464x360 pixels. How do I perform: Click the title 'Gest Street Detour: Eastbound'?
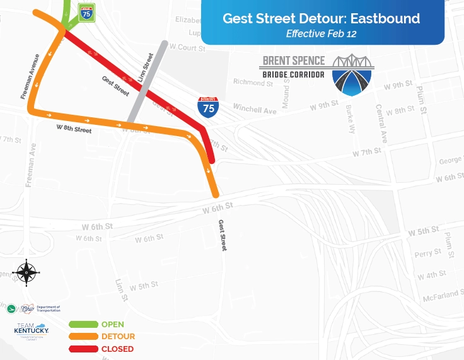(321, 18)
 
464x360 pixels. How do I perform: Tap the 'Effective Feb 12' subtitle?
(321, 34)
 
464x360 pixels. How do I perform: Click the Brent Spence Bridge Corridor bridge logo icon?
(352, 75)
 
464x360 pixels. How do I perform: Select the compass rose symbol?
(26, 272)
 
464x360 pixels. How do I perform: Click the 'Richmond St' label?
(252, 83)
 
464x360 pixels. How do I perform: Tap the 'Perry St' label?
(427, 253)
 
